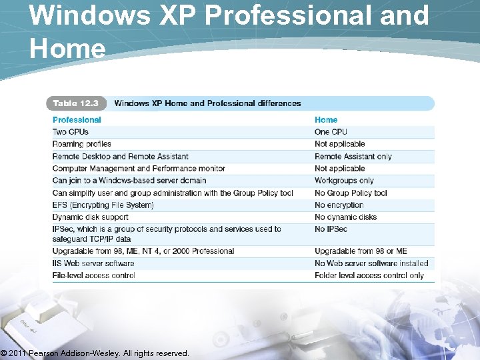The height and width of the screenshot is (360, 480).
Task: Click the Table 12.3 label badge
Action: click(75, 103)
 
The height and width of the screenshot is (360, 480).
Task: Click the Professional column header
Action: click(77, 120)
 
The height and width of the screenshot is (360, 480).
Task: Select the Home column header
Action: click(326, 120)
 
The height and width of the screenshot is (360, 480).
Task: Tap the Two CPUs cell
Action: click(70, 132)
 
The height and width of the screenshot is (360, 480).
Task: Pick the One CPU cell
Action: click(331, 132)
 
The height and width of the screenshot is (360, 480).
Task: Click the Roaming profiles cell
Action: click(81, 144)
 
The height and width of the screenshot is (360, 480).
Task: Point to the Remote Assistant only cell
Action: click(353, 157)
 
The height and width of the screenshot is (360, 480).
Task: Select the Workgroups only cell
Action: click(344, 181)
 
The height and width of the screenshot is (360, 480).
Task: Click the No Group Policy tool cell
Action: click(351, 193)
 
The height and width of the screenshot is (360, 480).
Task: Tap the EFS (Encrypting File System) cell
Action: click(103, 205)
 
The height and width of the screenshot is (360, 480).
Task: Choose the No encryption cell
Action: click(339, 205)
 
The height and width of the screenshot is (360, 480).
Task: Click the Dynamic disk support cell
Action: click(90, 217)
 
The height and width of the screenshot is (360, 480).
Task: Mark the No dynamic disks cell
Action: click(345, 217)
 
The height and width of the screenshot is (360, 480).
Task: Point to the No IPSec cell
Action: click(331, 229)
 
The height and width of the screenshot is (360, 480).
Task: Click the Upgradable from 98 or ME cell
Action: click(361, 251)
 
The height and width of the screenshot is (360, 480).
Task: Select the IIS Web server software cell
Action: click(93, 263)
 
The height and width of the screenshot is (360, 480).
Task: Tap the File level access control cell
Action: click(93, 275)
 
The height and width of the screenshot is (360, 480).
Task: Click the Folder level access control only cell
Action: click(369, 275)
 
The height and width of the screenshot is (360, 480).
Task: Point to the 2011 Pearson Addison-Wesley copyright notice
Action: click(95, 353)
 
